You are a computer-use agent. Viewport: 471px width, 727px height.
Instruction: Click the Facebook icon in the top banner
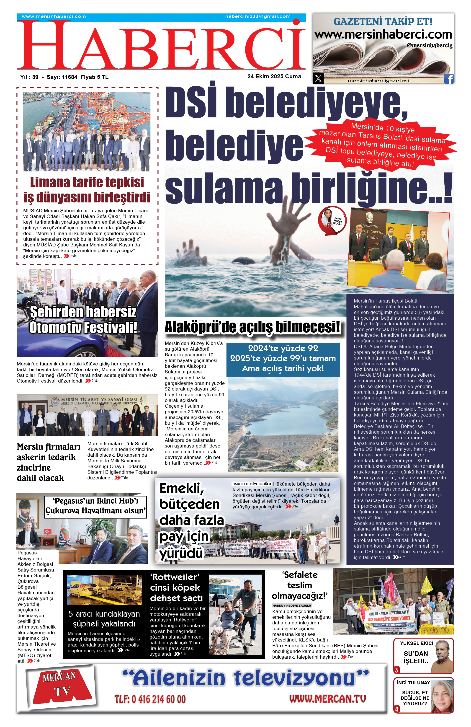(448, 79)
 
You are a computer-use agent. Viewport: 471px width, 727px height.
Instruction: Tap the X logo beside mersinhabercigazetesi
(318, 78)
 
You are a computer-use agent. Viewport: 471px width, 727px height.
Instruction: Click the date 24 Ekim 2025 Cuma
(274, 76)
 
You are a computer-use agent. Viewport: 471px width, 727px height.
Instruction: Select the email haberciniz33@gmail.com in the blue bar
(258, 16)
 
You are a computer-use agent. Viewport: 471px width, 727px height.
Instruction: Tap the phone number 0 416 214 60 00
(150, 699)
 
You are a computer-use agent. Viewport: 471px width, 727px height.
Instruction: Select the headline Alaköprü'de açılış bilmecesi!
(252, 327)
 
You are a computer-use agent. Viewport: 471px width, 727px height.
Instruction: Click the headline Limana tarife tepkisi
(87, 182)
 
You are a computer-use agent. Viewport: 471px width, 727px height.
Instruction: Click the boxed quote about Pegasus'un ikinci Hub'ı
(95, 506)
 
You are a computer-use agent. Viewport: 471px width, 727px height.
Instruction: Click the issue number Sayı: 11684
(62, 77)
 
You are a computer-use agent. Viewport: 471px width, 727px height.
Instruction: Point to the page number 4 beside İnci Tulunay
(397, 709)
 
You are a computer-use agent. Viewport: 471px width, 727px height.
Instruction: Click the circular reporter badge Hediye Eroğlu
(332, 220)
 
